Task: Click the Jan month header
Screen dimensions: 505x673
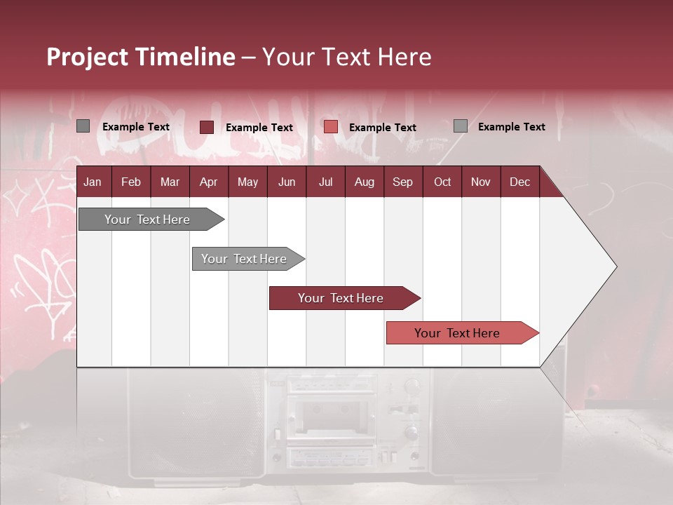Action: coord(93,182)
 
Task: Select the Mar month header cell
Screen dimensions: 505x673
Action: coord(170,182)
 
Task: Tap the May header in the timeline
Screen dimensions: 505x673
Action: coord(247,182)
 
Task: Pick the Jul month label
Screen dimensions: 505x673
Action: coord(325,182)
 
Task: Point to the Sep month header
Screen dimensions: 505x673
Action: coord(402,182)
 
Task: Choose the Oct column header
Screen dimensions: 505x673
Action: coord(442,182)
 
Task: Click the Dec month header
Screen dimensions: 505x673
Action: coord(519,182)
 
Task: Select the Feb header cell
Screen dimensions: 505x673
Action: coord(131,182)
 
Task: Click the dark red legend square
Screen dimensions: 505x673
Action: coord(207,127)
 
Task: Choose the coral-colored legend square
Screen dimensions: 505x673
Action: coord(331,127)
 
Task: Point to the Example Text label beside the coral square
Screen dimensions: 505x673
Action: coord(382,128)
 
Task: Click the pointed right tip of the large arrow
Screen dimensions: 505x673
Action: coord(615,267)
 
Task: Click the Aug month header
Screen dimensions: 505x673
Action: coord(364,182)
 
